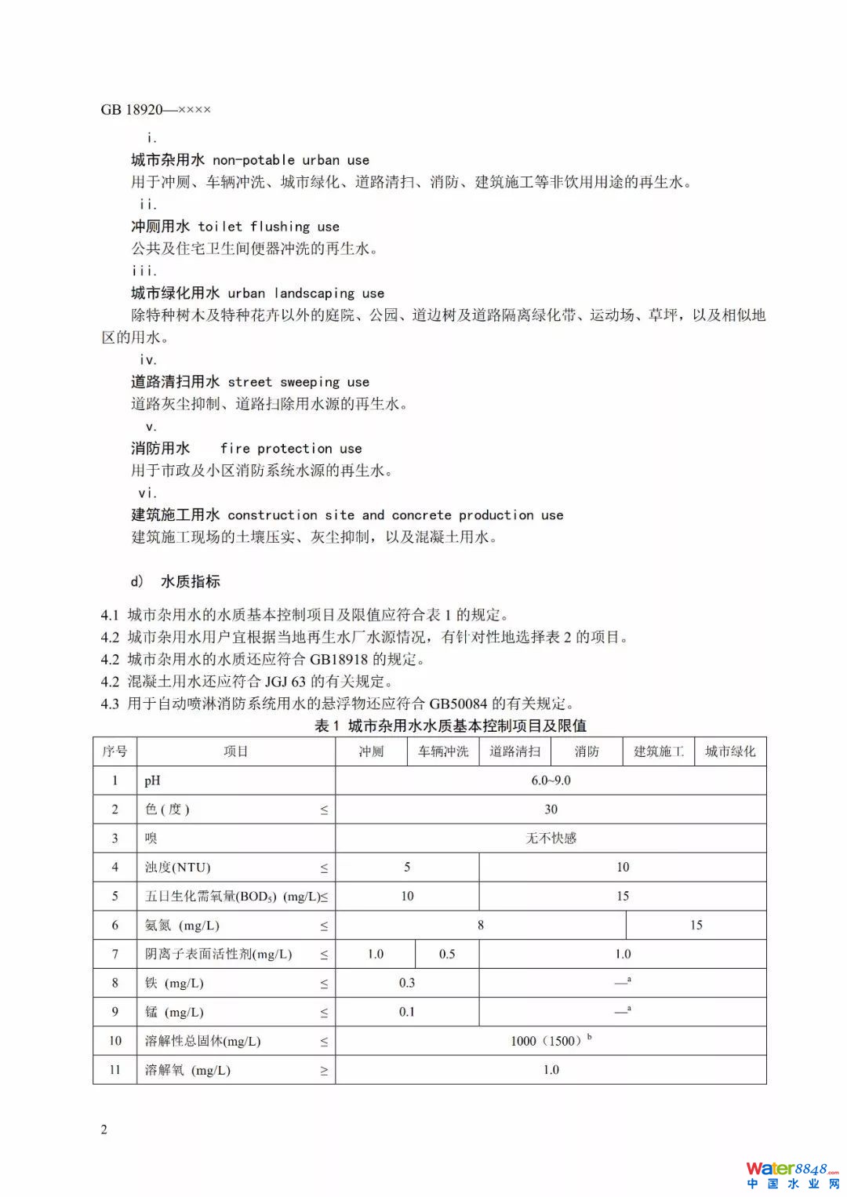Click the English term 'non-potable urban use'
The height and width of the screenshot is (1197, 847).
tap(291, 160)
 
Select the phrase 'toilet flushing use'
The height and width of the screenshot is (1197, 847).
tap(268, 227)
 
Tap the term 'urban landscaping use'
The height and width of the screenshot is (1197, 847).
tap(306, 293)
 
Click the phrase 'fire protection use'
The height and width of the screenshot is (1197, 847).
tap(291, 449)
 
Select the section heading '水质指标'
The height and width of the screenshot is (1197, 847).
tap(191, 581)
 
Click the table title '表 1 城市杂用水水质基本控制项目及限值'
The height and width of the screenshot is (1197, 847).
tap(450, 726)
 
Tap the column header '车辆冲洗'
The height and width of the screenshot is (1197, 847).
tap(443, 751)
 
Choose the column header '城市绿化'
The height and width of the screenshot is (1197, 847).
tap(730, 751)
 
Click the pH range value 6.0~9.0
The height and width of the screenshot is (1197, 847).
tap(551, 780)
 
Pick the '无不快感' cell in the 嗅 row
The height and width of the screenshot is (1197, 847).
tap(551, 839)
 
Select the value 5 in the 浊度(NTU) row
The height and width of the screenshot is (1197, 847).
tap(407, 867)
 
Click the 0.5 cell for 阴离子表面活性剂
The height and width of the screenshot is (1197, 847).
tap(447, 954)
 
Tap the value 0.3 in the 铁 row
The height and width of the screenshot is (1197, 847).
tap(407, 983)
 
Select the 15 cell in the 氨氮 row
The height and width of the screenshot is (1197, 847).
tap(696, 925)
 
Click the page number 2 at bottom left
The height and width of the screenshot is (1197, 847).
tap(104, 1130)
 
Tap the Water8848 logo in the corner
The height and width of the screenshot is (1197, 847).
tap(792, 1174)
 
